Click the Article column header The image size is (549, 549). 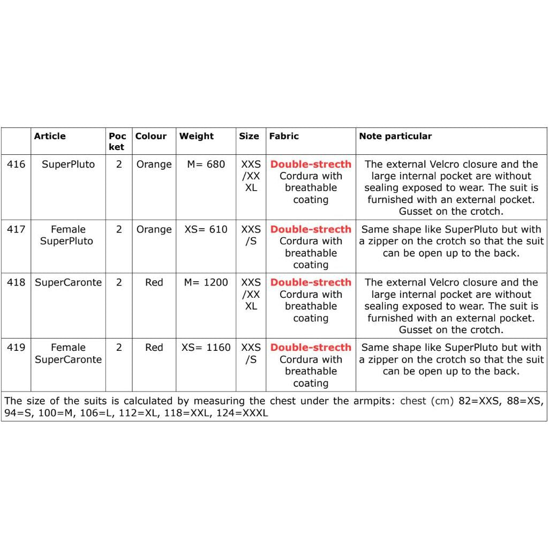point(50,136)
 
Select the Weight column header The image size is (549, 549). point(196,136)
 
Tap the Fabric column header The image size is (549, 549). point(283,136)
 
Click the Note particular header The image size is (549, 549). point(395,136)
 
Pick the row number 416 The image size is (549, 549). point(16,164)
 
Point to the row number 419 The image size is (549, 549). point(16,348)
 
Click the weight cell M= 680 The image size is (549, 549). point(206,164)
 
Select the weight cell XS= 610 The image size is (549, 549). point(206,229)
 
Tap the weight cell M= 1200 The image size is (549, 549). point(206,282)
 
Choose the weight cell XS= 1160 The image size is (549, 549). point(206,348)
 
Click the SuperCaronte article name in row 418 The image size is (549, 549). point(68,282)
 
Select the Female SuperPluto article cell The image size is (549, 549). point(67,235)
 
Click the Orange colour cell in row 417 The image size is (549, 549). point(154,229)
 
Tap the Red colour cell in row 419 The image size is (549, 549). point(154,348)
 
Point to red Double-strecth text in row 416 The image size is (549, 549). point(311,164)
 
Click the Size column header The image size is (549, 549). point(249,136)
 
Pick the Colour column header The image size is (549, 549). point(151,136)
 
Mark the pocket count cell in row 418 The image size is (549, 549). point(119,282)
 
